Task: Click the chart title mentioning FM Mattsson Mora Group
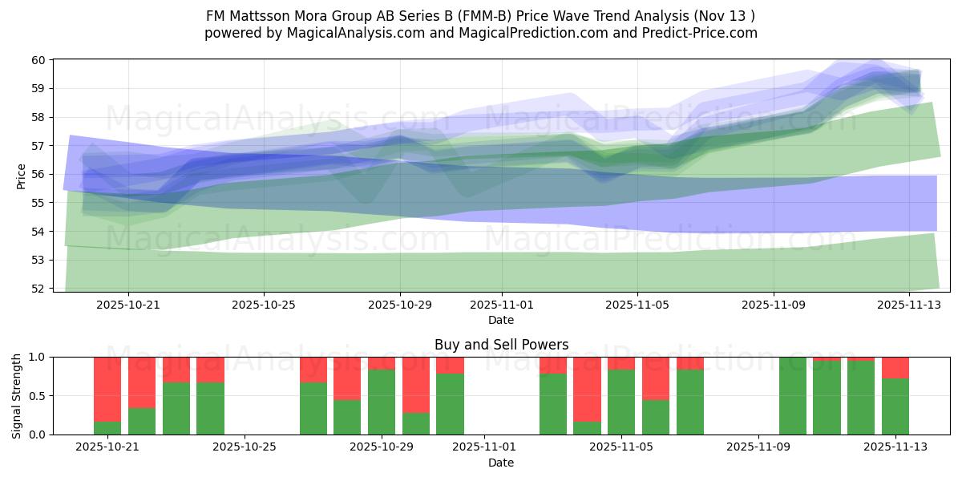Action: tap(481, 15)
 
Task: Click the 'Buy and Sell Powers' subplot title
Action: tap(501, 345)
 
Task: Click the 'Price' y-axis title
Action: tap(22, 175)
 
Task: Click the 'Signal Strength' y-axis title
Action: tap(17, 395)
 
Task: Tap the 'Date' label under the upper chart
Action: tap(501, 320)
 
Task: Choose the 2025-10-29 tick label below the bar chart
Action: tap(382, 447)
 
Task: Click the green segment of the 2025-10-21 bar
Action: tap(107, 428)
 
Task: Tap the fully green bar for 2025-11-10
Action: tap(792, 396)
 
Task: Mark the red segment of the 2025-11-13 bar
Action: tap(895, 367)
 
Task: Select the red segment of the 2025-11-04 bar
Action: tap(587, 389)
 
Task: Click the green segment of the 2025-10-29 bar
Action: tap(382, 402)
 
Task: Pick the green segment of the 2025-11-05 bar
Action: tap(621, 402)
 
